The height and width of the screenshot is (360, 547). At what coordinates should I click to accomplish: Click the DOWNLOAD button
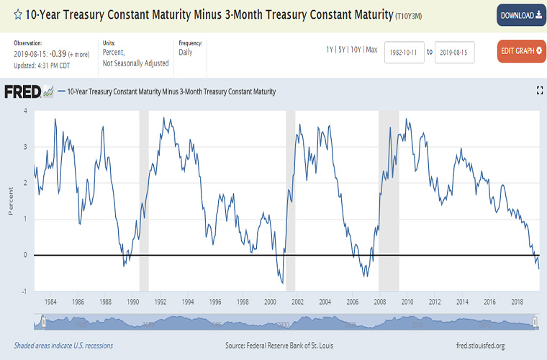click(521, 16)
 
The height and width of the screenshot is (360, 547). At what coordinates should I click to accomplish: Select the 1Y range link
click(330, 50)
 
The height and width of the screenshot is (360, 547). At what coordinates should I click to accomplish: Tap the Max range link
click(371, 50)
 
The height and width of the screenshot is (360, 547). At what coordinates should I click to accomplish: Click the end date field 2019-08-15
click(454, 52)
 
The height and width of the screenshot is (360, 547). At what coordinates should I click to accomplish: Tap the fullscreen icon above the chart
click(539, 90)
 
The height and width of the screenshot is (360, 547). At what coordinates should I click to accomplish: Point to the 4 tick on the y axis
click(26, 111)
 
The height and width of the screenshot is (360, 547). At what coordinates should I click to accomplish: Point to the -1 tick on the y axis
click(25, 291)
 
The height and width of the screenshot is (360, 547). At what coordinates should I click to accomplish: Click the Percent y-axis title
click(11, 201)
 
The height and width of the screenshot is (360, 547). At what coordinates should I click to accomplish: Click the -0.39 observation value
click(58, 54)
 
